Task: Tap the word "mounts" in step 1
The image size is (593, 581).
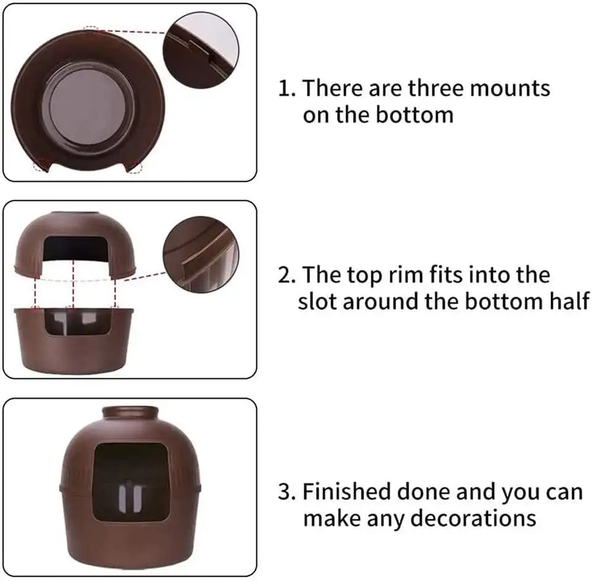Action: pos(510,88)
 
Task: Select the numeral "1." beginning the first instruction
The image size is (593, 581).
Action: pos(287,88)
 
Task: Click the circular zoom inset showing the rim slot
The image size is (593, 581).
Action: pos(201,254)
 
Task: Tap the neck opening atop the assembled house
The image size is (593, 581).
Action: pos(129,411)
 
